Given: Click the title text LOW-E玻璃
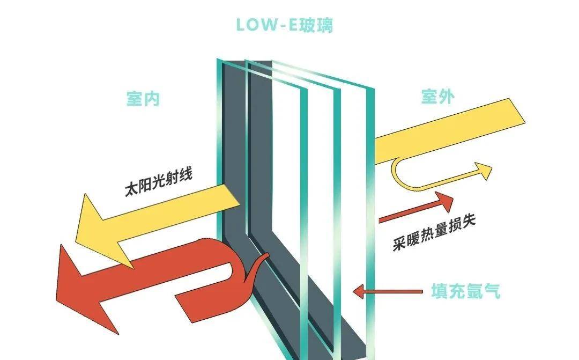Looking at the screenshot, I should point(284,25).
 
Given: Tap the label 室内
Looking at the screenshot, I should point(143,99).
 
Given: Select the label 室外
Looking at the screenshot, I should point(437,97).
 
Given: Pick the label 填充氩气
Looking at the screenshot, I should point(465,291).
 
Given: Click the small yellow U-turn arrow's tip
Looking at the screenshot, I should point(485,171).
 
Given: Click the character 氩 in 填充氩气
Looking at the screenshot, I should point(474,291).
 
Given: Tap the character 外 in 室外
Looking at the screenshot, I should point(447,97).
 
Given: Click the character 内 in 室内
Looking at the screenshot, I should point(152,99).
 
